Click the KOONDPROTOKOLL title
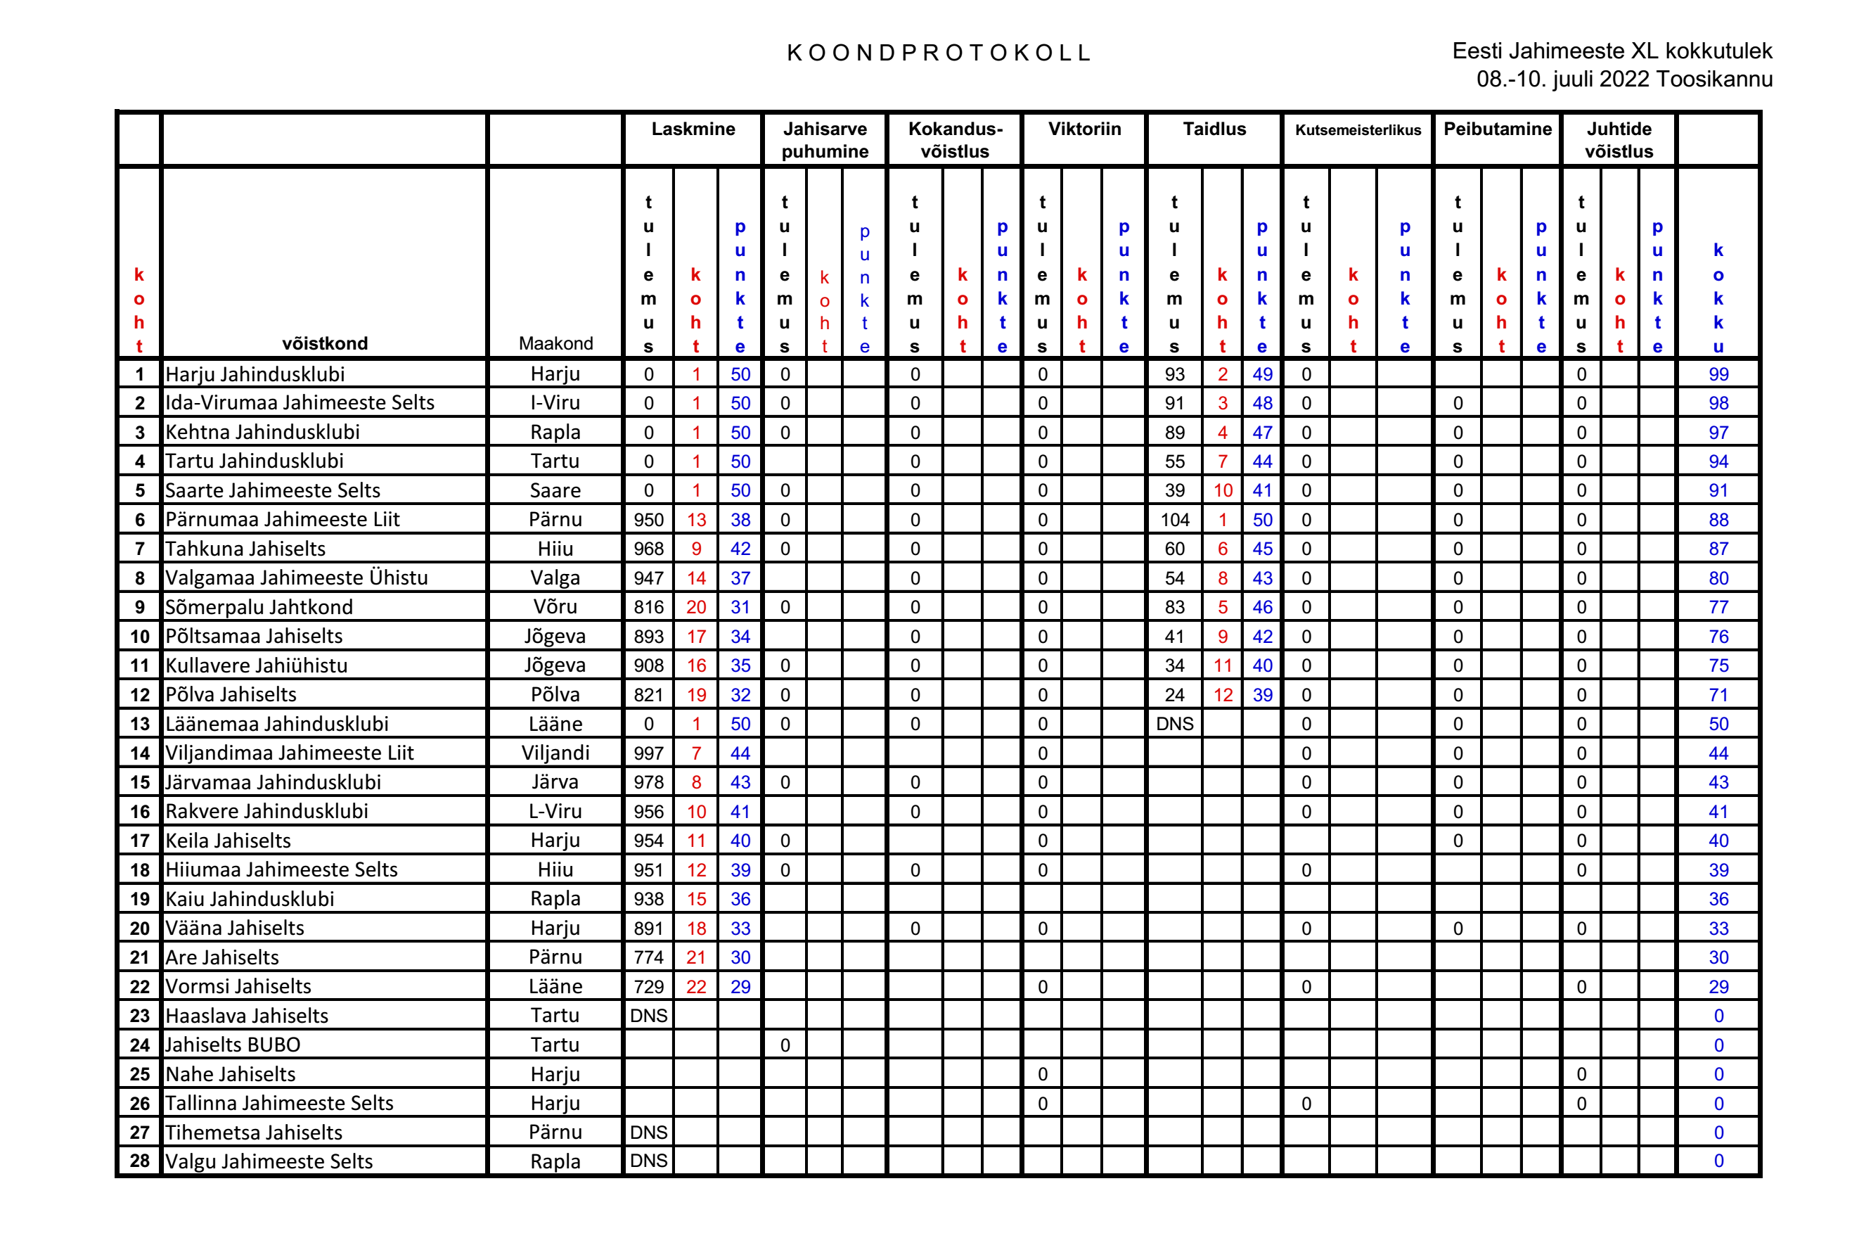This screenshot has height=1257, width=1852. pos(938,53)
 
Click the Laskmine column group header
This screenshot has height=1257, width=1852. pos(693,129)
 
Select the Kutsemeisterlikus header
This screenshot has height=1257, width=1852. pos(1357,130)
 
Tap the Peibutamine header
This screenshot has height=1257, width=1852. pos(1497,129)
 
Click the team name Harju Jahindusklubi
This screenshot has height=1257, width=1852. pos(255,374)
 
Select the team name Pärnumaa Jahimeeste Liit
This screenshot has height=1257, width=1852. pos(282,520)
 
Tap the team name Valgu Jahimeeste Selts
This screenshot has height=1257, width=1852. pos(269,1161)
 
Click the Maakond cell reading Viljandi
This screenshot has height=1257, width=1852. pos(555,753)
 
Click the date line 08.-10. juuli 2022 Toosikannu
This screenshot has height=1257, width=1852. pos(1623,79)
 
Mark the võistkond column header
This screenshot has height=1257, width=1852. pos(324,343)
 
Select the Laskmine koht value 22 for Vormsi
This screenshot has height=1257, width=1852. pos(695,986)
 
